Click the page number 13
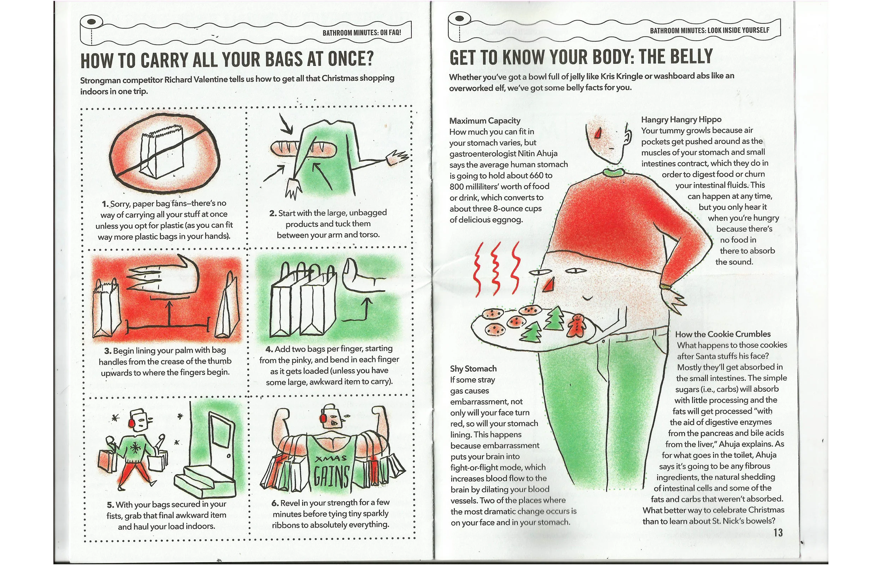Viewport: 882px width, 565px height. [778, 532]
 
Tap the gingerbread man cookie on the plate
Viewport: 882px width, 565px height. [577, 326]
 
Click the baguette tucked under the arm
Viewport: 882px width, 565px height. [304, 148]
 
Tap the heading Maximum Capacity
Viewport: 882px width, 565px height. [485, 121]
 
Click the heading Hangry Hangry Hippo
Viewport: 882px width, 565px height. [681, 119]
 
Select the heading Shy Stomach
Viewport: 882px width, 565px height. [473, 368]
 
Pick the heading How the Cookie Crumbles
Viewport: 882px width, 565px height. [723, 334]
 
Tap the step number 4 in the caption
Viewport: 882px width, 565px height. [269, 349]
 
